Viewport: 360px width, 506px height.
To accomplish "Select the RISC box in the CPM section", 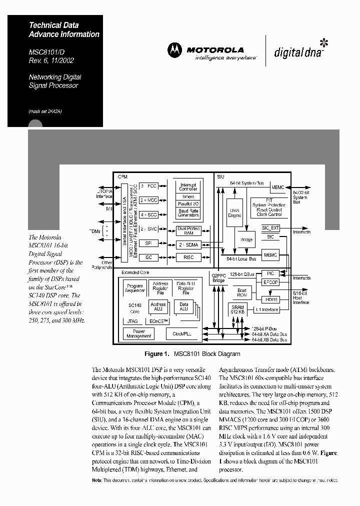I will point(188,257).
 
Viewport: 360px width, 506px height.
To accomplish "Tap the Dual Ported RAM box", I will point(188,230).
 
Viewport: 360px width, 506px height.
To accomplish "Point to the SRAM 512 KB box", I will point(237,308).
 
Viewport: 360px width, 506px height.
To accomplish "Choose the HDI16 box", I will point(270,299).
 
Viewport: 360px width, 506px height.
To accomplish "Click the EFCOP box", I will point(270,282).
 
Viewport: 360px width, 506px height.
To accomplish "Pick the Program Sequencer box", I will point(134,288).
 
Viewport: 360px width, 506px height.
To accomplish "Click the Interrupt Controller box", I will point(188,187).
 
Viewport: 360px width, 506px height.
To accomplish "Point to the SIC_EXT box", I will point(270,227).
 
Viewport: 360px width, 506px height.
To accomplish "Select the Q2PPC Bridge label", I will point(219,278).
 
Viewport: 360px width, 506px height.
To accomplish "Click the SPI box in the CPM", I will point(148,243).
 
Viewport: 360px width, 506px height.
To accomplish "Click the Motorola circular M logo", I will point(175,50).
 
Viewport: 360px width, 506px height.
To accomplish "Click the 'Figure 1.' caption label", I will point(157,354).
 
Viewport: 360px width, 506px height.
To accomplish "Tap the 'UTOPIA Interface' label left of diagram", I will point(104,193).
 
